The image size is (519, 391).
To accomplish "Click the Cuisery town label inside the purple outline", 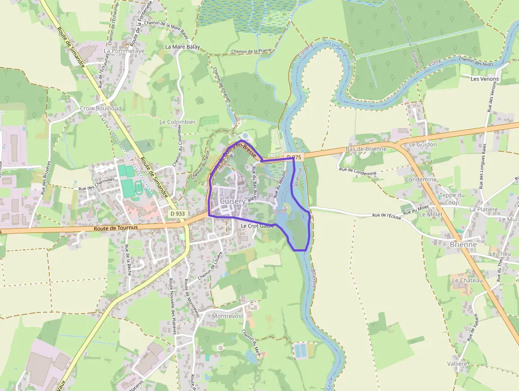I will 232,202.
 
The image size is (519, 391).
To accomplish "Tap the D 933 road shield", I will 178,213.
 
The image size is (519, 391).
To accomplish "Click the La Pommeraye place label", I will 124,51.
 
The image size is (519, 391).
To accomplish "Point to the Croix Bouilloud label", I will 100,108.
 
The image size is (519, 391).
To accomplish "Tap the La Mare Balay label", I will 182,47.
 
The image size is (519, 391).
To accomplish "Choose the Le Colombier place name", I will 177,121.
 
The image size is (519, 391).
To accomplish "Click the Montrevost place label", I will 227,316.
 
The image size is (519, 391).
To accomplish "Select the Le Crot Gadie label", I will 257,226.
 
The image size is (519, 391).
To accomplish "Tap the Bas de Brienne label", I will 364,149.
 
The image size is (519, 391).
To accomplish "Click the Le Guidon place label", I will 423,144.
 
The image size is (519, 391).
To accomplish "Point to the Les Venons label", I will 485,79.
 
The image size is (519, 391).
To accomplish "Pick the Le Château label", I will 467,280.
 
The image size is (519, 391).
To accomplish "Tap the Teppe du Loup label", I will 452,198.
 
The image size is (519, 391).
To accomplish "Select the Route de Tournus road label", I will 115,228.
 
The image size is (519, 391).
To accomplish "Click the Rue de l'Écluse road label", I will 387,215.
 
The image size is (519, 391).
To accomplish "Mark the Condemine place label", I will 421,179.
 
